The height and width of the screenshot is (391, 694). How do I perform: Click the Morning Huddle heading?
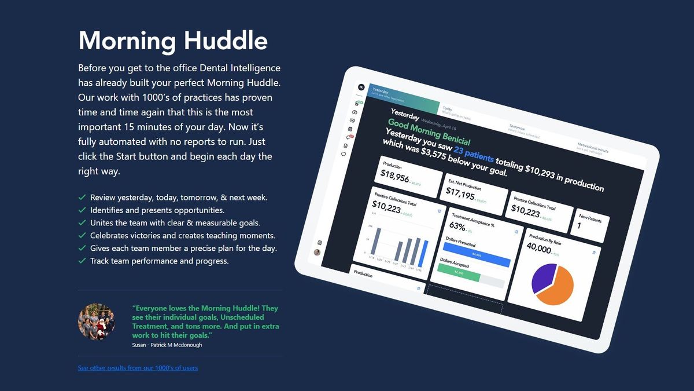click(x=172, y=41)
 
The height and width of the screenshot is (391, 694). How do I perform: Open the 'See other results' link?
click(x=138, y=368)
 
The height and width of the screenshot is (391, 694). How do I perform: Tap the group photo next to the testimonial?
click(x=97, y=321)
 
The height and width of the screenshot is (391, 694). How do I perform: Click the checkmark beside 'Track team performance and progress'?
click(x=82, y=261)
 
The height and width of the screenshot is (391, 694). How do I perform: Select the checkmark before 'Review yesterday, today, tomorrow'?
click(x=82, y=198)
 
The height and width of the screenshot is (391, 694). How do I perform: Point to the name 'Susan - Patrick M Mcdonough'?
click(x=167, y=345)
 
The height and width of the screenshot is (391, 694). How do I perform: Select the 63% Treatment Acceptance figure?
click(x=457, y=226)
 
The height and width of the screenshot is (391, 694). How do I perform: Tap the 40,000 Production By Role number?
click(x=539, y=249)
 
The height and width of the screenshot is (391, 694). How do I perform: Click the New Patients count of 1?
click(x=579, y=226)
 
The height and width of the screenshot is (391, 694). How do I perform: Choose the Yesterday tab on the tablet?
click(x=381, y=92)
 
